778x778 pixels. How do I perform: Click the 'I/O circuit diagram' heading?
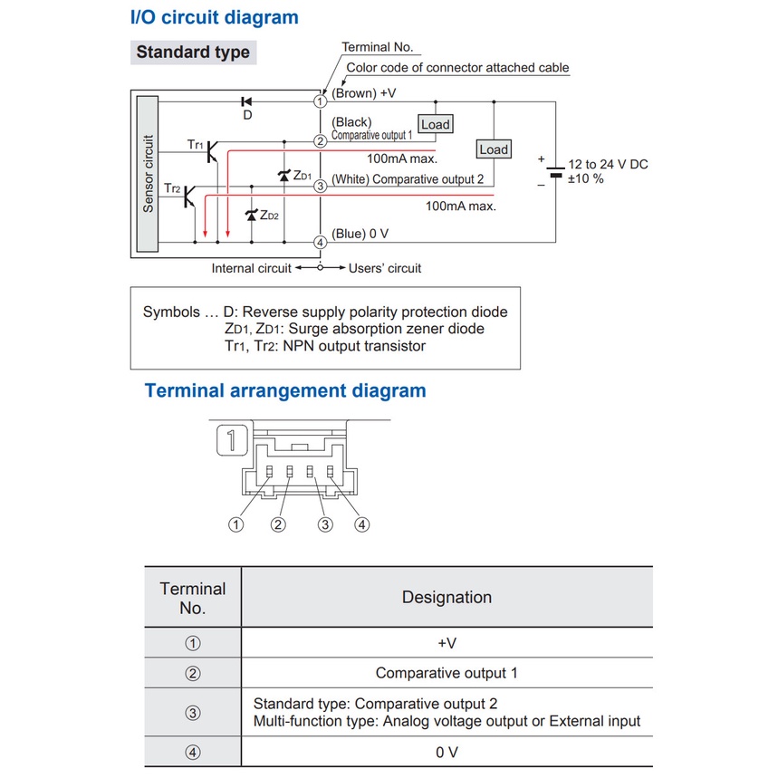click(214, 17)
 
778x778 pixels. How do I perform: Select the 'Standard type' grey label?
click(193, 53)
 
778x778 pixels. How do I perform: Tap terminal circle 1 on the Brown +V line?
click(320, 101)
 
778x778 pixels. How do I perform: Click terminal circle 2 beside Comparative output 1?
click(320, 141)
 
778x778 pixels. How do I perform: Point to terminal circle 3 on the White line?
click(320, 187)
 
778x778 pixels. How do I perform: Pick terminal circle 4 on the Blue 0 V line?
click(320, 242)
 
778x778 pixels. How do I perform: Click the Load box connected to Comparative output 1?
click(435, 124)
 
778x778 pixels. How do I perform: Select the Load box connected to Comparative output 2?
click(494, 149)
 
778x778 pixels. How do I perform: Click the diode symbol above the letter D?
click(246, 101)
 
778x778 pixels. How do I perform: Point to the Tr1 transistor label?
click(196, 144)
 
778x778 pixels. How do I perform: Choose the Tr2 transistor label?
click(173, 188)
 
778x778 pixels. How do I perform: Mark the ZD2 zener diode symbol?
click(252, 216)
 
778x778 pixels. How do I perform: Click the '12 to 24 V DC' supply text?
click(608, 165)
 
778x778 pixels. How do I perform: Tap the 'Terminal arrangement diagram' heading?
click(285, 391)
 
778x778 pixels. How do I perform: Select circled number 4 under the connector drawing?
click(362, 524)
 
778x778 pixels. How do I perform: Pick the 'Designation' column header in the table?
click(447, 598)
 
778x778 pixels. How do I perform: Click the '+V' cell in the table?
click(447, 643)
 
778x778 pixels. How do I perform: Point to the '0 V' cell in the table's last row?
click(447, 753)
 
